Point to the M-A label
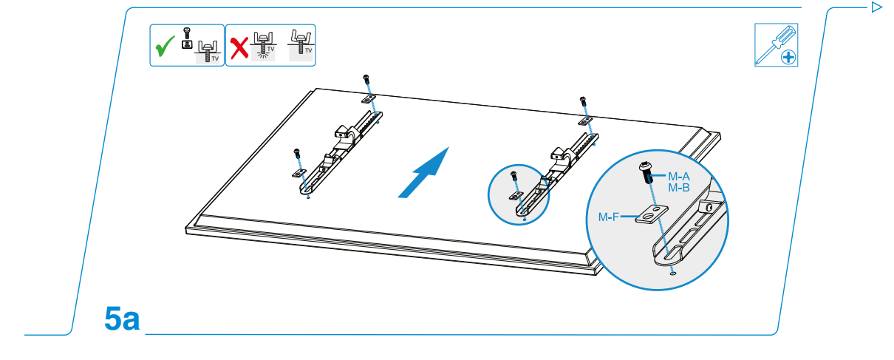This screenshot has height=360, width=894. (679, 177)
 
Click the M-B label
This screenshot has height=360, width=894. (679, 189)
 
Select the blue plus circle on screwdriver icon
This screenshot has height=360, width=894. (788, 56)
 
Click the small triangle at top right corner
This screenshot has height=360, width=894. (877, 7)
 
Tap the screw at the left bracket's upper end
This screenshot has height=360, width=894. (366, 79)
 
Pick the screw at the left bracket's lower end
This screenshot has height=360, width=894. (297, 154)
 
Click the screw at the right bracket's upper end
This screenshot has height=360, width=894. (583, 101)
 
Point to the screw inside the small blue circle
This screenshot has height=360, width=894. (513, 177)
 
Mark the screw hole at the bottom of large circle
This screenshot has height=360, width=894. (672, 274)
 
